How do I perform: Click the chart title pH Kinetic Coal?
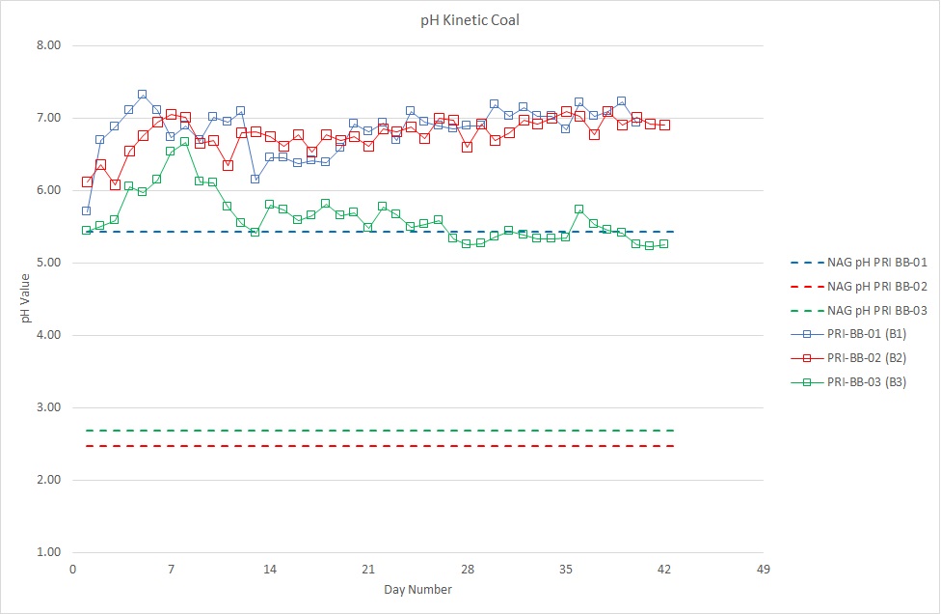tap(470, 20)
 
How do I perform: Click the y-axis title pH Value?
tap(25, 298)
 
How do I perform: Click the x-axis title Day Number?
tap(417, 589)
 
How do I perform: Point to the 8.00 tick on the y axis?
tap(48, 45)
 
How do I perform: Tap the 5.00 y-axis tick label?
tap(48, 263)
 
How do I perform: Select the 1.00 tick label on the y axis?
tap(48, 552)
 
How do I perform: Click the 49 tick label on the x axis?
tap(763, 569)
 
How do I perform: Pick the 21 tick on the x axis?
tap(368, 569)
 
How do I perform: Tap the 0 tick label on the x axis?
tap(72, 569)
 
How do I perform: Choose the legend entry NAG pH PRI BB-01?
tap(859, 263)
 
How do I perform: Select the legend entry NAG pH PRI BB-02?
tap(859, 287)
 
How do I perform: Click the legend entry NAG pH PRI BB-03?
tap(859, 311)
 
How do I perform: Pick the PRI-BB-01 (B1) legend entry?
tap(848, 334)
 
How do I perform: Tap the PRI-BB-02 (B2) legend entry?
tap(848, 358)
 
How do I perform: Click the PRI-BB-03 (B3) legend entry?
tap(848, 382)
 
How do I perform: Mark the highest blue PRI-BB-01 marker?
tap(143, 95)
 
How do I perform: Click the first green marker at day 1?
tap(87, 230)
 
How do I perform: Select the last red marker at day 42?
tap(664, 125)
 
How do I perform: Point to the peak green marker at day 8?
tap(185, 142)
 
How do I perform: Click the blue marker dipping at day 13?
tap(255, 179)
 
